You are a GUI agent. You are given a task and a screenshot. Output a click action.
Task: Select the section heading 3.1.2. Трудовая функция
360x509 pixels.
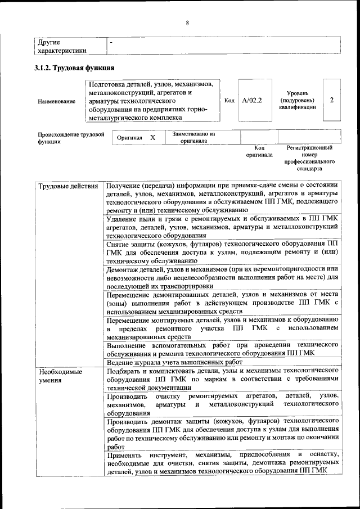(x=75, y=68)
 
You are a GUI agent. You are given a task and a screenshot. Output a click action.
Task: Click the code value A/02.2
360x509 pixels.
(x=251, y=101)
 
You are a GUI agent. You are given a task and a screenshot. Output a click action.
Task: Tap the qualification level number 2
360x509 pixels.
(x=332, y=100)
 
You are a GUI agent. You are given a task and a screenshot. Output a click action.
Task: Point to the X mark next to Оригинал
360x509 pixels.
(x=152, y=137)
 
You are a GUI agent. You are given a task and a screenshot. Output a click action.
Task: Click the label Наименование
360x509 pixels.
(x=56, y=101)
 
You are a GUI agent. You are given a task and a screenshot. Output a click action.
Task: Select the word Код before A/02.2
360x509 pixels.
(x=229, y=101)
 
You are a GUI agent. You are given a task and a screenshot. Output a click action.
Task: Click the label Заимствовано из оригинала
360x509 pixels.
(x=194, y=137)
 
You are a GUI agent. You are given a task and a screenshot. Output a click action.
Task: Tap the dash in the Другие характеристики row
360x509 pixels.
(x=111, y=42)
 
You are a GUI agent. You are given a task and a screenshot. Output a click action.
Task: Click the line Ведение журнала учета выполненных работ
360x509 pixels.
(x=174, y=363)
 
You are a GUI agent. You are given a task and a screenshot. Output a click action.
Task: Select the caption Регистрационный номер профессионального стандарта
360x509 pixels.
(x=309, y=157)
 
